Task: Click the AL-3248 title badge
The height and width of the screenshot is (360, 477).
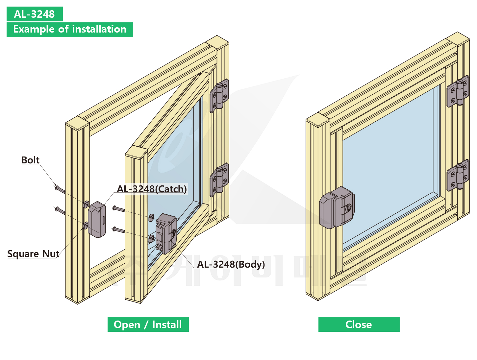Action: coord(35,14)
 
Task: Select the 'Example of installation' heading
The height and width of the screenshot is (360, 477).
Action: coord(70,29)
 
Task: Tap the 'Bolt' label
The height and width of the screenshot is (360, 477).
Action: coord(30,160)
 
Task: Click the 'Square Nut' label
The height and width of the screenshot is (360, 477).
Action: coord(33,254)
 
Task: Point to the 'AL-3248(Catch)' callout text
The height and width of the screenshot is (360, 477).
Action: coord(152,189)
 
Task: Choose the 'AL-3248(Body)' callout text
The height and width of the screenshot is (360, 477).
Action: coord(231,264)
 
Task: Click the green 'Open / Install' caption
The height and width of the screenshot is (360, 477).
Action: coord(148,324)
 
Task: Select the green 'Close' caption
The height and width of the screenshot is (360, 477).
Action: coord(359,324)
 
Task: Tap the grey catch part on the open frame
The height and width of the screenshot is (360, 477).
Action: coord(97,219)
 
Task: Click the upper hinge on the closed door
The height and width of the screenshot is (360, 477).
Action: coord(458,91)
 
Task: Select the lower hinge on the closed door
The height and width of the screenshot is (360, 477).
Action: coord(458,175)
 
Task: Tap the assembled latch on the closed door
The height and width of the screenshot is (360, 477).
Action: coord(337,207)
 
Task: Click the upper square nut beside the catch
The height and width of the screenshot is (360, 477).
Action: coord(86,204)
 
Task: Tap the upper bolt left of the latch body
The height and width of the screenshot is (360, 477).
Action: coord(118,209)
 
